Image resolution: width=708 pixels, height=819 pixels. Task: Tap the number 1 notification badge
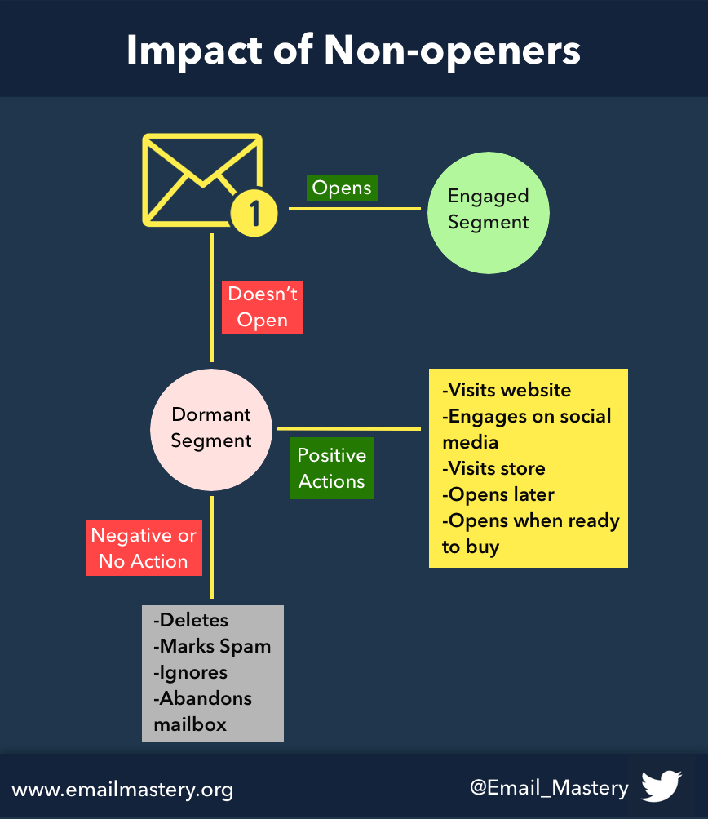tap(254, 213)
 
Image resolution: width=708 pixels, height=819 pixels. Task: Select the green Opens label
tap(342, 188)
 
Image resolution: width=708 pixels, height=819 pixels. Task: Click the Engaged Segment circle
tap(489, 213)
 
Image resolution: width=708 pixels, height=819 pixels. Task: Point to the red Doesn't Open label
tap(263, 307)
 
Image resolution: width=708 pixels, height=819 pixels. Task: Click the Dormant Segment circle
tap(211, 429)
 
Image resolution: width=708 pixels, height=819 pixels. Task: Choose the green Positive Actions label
tap(331, 468)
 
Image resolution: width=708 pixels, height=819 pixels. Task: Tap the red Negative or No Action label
tap(144, 548)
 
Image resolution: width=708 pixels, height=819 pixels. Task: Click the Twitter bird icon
tap(662, 786)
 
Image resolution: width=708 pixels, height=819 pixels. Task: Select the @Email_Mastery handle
tap(549, 788)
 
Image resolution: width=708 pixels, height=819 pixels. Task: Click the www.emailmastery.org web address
tap(122, 790)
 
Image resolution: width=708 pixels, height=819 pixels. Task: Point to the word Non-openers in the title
tap(452, 51)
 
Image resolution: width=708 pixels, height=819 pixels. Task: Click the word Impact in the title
tap(194, 50)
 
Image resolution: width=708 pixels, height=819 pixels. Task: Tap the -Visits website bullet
tap(507, 390)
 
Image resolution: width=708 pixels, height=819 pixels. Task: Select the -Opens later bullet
tap(498, 494)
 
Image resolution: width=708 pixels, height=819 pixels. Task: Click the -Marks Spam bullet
tap(212, 646)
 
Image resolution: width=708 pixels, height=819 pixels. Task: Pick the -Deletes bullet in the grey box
tap(191, 620)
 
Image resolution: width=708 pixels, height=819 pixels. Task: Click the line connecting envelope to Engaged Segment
tap(355, 208)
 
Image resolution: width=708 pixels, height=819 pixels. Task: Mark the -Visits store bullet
tap(493, 468)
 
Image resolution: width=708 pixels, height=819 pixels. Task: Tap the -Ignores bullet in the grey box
tap(190, 672)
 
